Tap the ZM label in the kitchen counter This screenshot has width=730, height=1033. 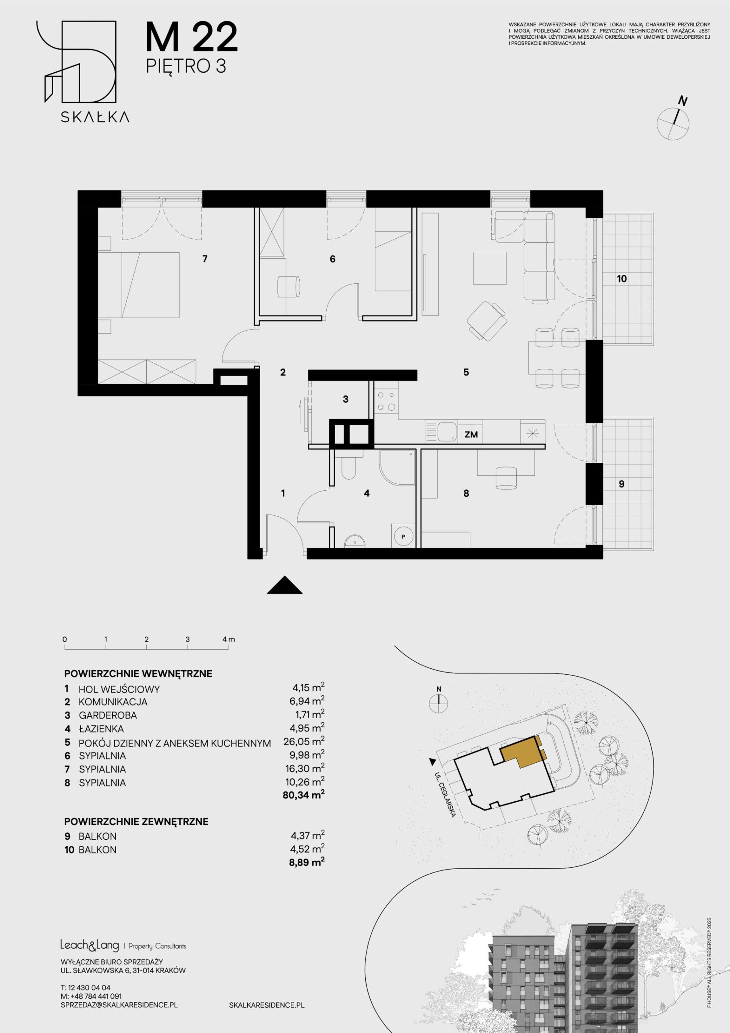(471, 435)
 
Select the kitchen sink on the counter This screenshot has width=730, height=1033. (441, 432)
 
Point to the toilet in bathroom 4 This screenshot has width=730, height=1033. (348, 466)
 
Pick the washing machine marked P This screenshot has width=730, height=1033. (403, 536)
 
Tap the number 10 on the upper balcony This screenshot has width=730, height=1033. (621, 279)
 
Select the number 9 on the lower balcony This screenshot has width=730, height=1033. (621, 484)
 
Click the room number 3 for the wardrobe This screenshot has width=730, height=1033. (345, 399)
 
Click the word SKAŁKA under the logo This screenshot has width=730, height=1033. (95, 117)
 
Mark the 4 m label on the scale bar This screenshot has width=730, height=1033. (229, 639)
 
